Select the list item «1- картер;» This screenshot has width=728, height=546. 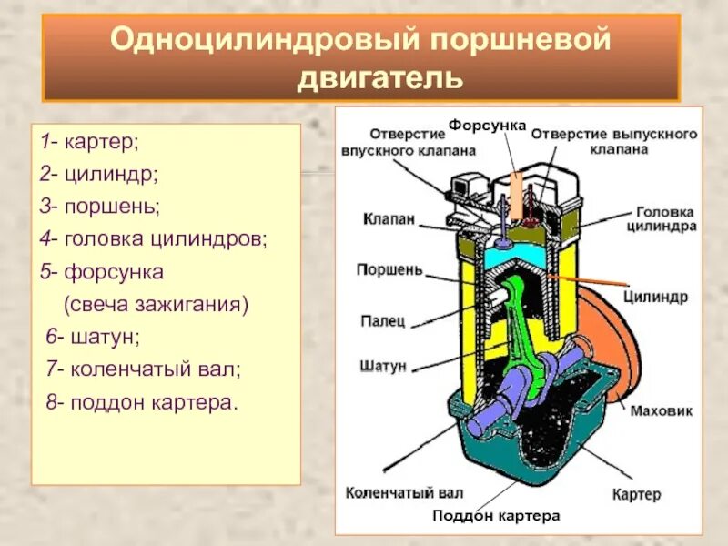(89, 143)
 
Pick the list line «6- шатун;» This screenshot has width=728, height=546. (93, 338)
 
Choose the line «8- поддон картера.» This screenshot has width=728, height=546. (141, 401)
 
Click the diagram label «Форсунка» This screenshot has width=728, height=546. (488, 124)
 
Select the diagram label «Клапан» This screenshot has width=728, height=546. (389, 218)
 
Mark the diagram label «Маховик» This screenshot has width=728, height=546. (662, 410)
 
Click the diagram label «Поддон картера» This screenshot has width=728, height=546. (496, 515)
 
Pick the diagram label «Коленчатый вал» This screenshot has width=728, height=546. (405, 492)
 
